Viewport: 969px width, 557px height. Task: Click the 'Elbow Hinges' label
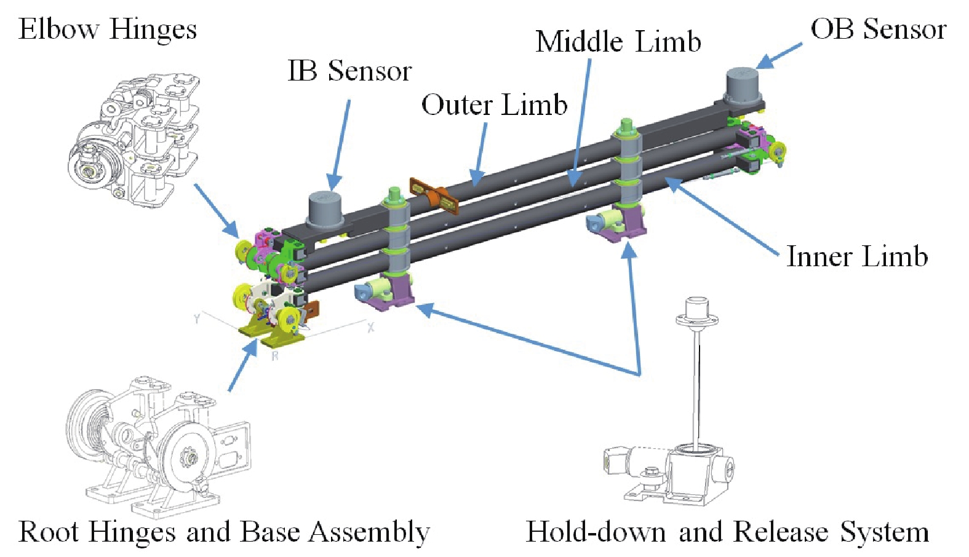pyautogui.click(x=108, y=29)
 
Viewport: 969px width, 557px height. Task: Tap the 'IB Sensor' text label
pyautogui.click(x=349, y=71)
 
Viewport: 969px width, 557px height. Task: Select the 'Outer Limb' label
pyautogui.click(x=494, y=105)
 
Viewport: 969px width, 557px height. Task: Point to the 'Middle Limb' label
pyautogui.click(x=618, y=42)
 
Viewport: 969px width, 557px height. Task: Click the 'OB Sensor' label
pyautogui.click(x=878, y=29)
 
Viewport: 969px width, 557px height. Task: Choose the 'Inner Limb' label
pyautogui.click(x=856, y=256)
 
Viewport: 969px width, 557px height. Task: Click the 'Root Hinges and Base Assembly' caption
pyautogui.click(x=224, y=532)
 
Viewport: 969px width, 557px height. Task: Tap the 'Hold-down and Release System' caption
pyautogui.click(x=727, y=532)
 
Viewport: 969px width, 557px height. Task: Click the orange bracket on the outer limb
pyautogui.click(x=434, y=196)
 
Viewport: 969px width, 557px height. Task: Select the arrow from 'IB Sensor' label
pyautogui.click(x=341, y=144)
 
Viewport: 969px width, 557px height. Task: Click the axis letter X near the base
pyautogui.click(x=370, y=327)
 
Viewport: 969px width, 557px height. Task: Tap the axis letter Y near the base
pyautogui.click(x=197, y=318)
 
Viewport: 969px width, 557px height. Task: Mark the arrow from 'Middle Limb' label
pyautogui.click(x=581, y=123)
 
